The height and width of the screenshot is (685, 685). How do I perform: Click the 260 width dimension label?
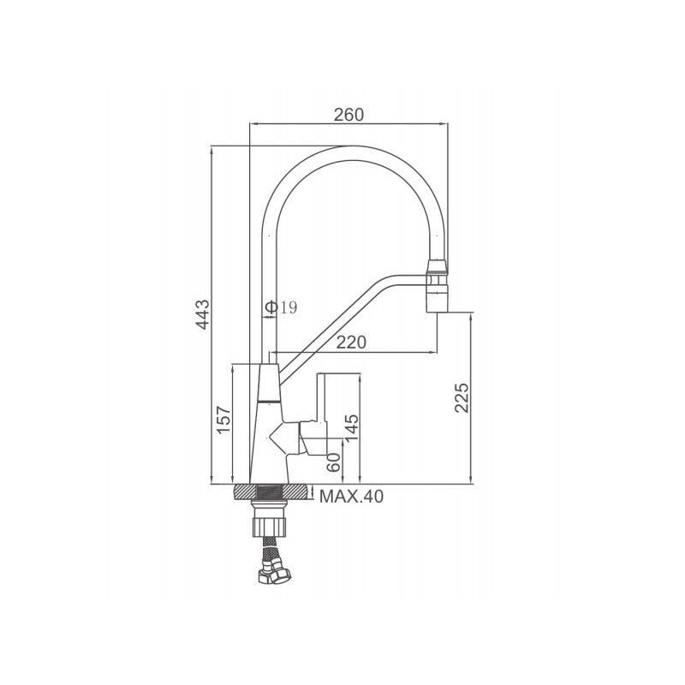[x=348, y=115]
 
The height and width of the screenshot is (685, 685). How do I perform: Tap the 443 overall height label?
[x=203, y=314]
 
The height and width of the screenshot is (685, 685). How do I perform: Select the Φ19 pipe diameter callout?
[x=282, y=307]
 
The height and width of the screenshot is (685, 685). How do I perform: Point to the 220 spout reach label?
[x=351, y=342]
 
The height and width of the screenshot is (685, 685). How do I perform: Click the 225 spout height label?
[x=462, y=397]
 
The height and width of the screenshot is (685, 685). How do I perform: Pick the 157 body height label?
[x=224, y=420]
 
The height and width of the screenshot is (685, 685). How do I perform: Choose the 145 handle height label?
[x=352, y=427]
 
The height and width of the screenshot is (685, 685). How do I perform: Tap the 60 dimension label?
[x=333, y=462]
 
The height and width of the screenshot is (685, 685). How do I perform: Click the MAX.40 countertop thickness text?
[x=352, y=497]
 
